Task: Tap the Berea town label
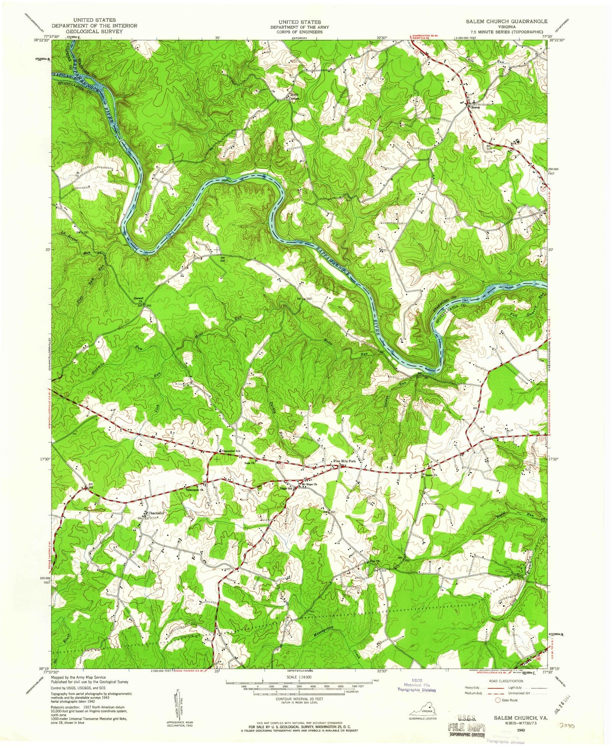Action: (x=474, y=108)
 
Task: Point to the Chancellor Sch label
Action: (x=231, y=451)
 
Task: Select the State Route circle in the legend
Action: (x=497, y=700)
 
